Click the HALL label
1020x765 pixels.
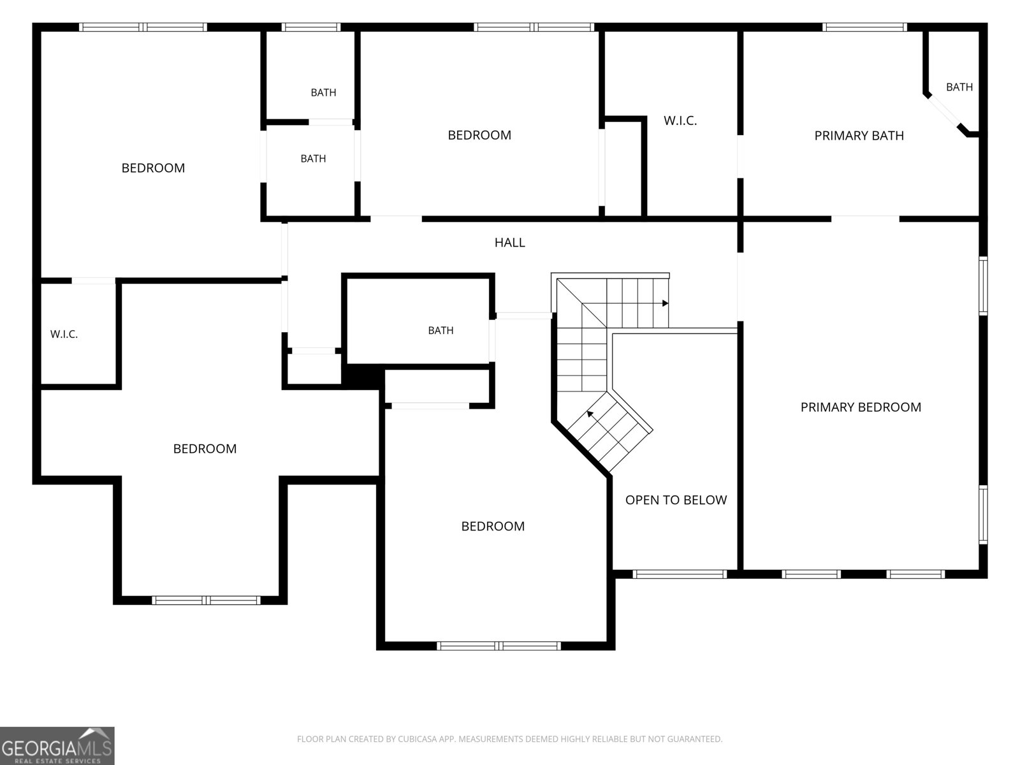click(x=509, y=242)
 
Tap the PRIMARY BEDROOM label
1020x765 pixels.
click(x=861, y=407)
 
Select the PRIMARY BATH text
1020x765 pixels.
click(x=859, y=136)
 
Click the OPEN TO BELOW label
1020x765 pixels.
click(x=676, y=500)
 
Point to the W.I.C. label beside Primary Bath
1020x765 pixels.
click(x=680, y=120)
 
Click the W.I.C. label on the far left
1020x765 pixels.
click(x=64, y=334)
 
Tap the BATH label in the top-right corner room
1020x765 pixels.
click(x=959, y=87)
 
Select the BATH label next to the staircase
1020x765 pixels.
click(x=441, y=330)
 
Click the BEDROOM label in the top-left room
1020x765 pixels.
click(x=153, y=168)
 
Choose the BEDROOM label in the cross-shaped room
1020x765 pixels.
click(x=205, y=449)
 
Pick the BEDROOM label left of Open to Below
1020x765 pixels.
click(x=493, y=527)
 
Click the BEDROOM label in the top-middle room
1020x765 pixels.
click(x=479, y=135)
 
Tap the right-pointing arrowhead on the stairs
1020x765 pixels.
click(x=666, y=303)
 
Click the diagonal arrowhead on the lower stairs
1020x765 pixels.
click(x=590, y=413)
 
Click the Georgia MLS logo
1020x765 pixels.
click(x=57, y=745)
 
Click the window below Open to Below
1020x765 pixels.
click(x=680, y=574)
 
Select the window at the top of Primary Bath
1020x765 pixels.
click(x=864, y=27)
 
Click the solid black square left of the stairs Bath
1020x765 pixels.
click(x=362, y=377)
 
